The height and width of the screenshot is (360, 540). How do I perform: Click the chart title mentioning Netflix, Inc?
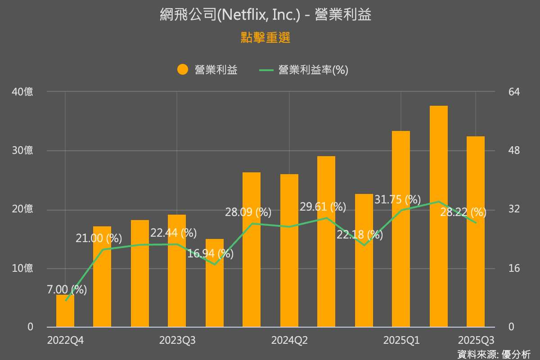pos(265,15)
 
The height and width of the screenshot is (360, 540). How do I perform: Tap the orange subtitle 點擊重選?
pos(265,38)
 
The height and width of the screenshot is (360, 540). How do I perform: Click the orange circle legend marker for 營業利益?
pos(183,70)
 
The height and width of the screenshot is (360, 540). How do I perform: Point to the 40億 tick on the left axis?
pos(22,92)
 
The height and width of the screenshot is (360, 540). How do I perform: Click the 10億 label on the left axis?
pos(22,268)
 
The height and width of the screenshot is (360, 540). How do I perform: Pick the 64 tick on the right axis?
pos(514,92)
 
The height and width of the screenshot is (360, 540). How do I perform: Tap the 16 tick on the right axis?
pos(514,268)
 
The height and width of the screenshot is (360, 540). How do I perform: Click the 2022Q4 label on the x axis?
pos(65,340)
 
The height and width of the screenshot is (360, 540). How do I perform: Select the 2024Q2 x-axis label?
pos(289,340)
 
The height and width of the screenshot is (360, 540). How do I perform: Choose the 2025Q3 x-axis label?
pos(476,340)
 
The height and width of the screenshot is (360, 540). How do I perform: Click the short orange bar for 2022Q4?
pos(65,310)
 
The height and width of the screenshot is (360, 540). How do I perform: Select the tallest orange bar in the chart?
pos(439,216)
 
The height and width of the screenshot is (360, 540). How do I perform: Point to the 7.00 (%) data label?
pos(67,290)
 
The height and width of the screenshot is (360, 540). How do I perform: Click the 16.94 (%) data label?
pos(211,254)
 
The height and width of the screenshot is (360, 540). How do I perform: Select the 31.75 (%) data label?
pos(397,199)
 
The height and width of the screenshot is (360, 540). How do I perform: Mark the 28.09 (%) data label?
pos(248,211)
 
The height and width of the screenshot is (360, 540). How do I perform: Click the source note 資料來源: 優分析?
pos(494,354)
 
